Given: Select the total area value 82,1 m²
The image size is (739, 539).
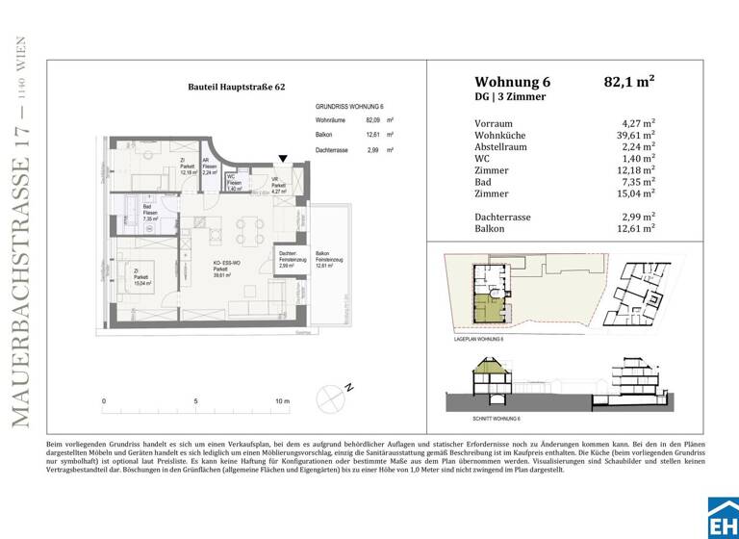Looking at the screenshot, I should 628,82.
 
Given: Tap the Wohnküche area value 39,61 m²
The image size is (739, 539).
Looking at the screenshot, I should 634,136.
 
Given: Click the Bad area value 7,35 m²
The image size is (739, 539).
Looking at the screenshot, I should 638,182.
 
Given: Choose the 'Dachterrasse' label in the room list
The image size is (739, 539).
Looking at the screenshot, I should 503,217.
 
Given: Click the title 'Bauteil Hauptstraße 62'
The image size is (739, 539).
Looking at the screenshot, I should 236,87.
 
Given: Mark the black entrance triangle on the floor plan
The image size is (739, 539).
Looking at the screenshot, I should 282,158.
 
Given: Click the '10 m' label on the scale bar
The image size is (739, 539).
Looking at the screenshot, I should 282,401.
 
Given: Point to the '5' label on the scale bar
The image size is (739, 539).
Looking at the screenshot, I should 195,401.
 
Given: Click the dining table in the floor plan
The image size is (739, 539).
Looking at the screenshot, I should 250,227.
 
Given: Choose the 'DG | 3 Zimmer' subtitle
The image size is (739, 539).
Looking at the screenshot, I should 510,97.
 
